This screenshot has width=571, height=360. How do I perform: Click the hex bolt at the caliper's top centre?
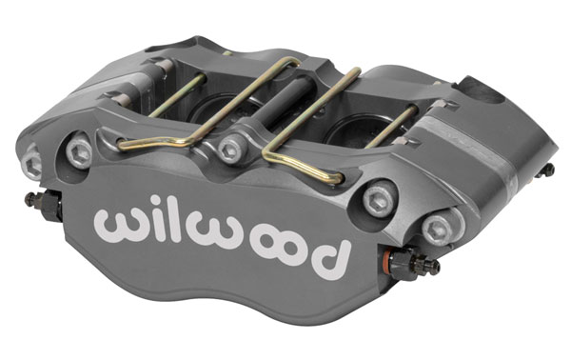231,149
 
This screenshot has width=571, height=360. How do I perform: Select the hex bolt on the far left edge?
32,164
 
